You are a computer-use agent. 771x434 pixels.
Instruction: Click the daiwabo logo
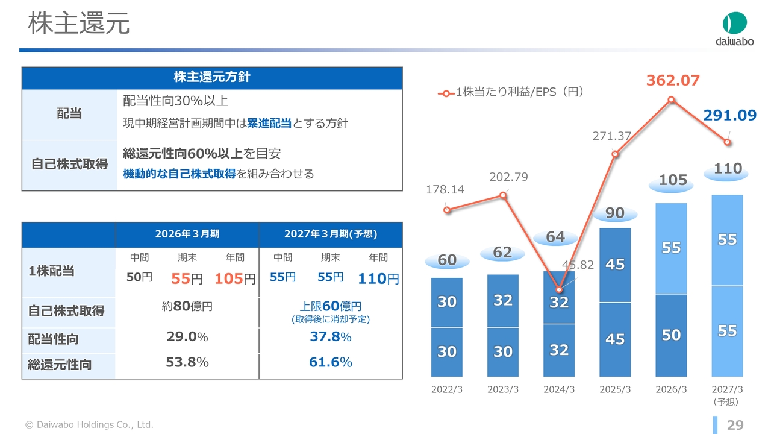tap(734, 29)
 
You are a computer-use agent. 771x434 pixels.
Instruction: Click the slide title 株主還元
tap(79, 23)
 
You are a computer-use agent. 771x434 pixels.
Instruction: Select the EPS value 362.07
tap(673, 80)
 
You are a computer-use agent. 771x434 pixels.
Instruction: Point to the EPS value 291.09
tap(729, 115)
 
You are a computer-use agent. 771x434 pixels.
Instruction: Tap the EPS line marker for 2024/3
tap(559, 289)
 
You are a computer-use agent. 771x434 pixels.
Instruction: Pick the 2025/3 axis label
tap(615, 389)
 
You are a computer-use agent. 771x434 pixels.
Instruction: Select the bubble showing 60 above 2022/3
tap(447, 260)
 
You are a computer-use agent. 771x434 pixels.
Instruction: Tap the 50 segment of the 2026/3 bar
tap(671, 335)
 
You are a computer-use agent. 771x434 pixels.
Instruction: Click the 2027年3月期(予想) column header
tap(331, 234)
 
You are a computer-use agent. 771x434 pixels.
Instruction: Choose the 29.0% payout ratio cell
tap(187, 336)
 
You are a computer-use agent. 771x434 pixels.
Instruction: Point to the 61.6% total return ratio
tap(331, 362)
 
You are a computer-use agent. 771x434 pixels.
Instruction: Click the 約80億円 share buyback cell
tap(187, 306)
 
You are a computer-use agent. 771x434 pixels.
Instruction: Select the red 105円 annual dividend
tap(235, 278)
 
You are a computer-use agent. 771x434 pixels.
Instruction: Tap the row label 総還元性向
tap(60, 365)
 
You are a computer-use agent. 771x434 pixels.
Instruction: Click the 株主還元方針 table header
tap(212, 77)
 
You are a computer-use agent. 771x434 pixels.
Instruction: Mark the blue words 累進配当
tap(269, 123)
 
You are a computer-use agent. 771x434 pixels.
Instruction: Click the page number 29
tap(735, 425)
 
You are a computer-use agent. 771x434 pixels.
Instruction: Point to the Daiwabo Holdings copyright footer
tap(89, 425)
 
